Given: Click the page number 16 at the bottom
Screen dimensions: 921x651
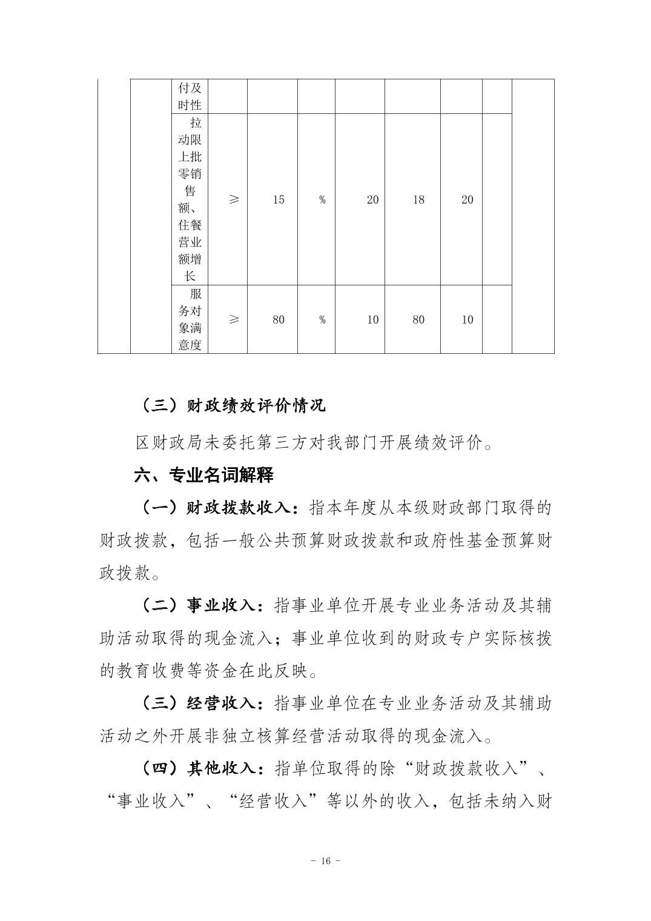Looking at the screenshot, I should pos(325,861).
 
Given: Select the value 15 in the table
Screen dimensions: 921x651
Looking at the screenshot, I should pos(278,199).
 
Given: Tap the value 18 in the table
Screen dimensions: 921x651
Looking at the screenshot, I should pos(418,199).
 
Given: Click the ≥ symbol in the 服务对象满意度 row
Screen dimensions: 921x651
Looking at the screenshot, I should pos(234,319).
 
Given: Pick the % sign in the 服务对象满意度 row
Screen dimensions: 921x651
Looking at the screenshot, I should pos(322,319).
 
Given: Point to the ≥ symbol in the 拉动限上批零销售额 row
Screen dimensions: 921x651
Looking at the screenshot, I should pos(234,199).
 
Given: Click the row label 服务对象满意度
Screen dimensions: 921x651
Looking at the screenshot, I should pos(190,319).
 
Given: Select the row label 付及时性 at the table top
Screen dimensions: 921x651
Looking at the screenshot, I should pos(190,96).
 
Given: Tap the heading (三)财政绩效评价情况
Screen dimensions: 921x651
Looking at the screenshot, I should pos(233,405).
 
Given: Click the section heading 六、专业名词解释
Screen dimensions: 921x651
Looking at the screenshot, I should pos(203,475).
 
